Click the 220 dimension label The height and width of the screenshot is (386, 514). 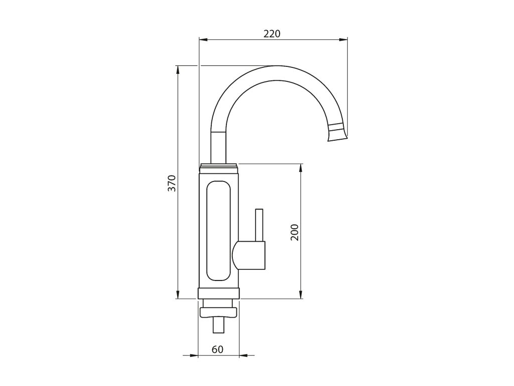pos(272,34)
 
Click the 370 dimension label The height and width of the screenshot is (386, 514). pos(172,183)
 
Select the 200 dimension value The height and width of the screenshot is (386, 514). pos(294,232)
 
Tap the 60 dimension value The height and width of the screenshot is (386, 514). pos(217,349)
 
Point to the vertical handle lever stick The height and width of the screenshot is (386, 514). pos(259,225)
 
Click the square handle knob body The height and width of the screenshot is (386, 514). pos(248,255)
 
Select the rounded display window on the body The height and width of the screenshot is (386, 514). pos(218,231)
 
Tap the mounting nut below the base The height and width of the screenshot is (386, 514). pos(218,312)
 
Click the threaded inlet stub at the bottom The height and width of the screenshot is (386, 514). pos(218,325)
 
